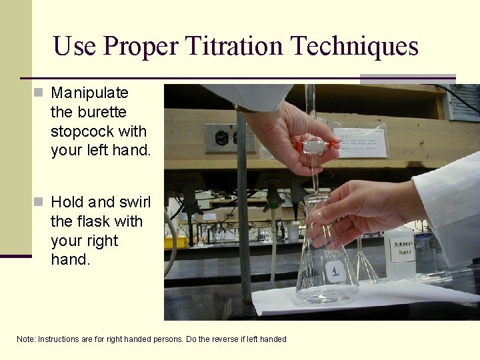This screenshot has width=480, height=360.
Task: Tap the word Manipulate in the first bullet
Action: coord(89,92)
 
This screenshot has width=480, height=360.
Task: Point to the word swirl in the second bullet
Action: coord(135,201)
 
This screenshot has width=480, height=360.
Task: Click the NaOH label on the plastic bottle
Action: coord(403,251)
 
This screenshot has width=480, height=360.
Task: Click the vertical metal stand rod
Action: coord(243,220)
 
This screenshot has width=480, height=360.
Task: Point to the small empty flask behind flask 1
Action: coord(365,263)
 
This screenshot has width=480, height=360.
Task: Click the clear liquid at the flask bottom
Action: coord(327,292)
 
